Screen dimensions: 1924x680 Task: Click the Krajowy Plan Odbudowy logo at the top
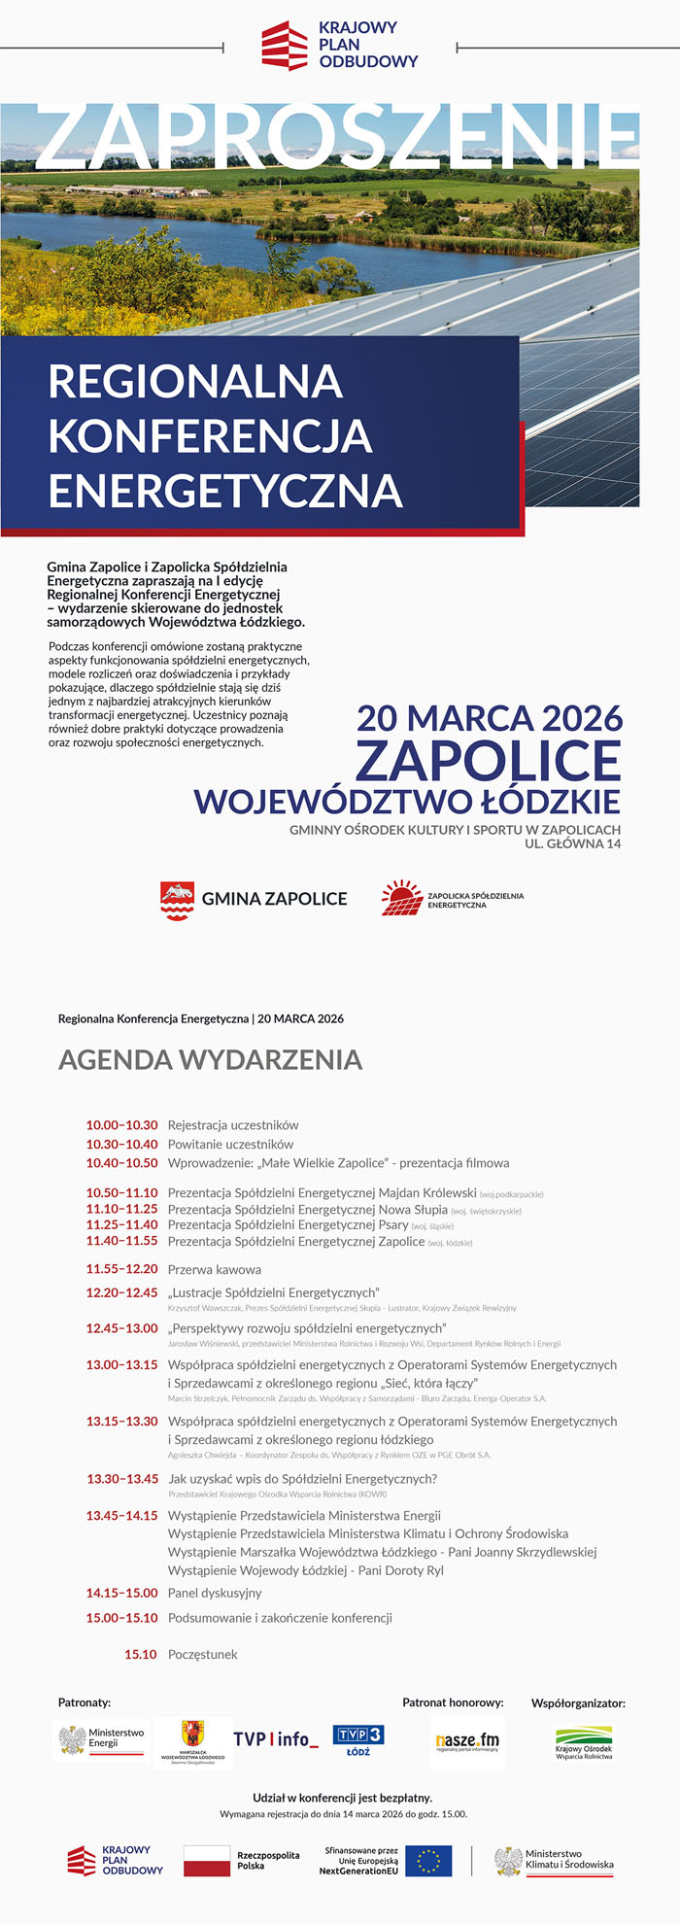click(x=339, y=46)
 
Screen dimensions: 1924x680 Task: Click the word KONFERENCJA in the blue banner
click(x=210, y=436)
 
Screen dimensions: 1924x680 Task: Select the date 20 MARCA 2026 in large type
click(x=490, y=718)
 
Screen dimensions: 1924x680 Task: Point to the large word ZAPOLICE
click(x=488, y=761)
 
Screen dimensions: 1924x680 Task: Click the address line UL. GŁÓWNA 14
click(x=572, y=843)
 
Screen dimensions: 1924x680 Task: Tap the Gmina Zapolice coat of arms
click(x=177, y=900)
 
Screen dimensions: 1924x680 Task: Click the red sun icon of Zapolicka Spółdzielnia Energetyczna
click(x=401, y=898)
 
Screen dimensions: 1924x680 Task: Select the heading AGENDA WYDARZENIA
click(x=210, y=1059)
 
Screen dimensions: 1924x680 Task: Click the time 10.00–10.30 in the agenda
click(x=121, y=1125)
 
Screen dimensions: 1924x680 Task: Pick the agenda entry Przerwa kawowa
click(x=214, y=1269)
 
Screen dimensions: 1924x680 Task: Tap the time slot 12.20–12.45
click(x=121, y=1292)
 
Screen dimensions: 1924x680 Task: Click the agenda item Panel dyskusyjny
click(x=215, y=1593)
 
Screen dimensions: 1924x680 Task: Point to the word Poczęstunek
click(x=202, y=1654)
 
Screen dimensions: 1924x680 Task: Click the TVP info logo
click(x=275, y=1739)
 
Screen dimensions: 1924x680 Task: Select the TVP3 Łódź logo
click(x=358, y=1739)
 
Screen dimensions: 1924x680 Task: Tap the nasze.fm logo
click(x=467, y=1740)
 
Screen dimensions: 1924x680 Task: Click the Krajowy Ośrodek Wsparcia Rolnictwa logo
click(x=584, y=1742)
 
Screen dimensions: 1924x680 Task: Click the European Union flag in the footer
click(x=428, y=1861)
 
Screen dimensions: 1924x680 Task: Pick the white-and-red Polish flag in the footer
click(x=205, y=1861)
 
